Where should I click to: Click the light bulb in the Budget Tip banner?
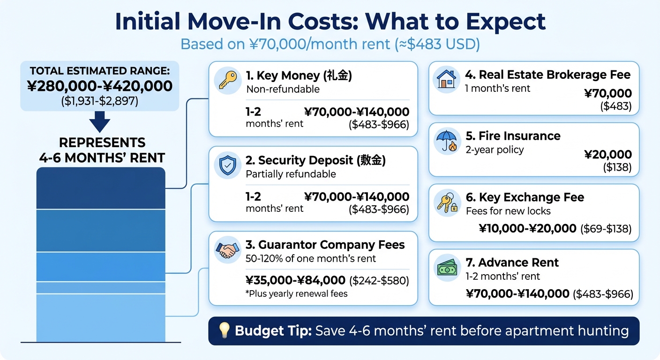(x=225, y=331)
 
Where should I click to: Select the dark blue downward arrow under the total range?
(x=99, y=122)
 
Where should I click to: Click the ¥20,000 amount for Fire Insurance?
(x=608, y=155)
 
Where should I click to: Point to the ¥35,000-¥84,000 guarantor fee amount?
(x=295, y=280)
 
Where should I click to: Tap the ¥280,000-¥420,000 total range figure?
(x=99, y=86)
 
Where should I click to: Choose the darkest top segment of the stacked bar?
(x=101, y=188)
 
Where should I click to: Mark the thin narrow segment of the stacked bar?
(x=101, y=287)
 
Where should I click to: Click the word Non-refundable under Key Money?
(x=283, y=89)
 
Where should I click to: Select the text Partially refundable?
(x=291, y=174)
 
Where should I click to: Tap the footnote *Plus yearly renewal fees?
(x=296, y=294)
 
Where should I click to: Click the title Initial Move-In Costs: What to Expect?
(x=330, y=22)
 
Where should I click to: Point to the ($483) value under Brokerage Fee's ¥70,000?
(x=616, y=106)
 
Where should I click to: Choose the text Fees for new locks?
(x=508, y=211)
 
